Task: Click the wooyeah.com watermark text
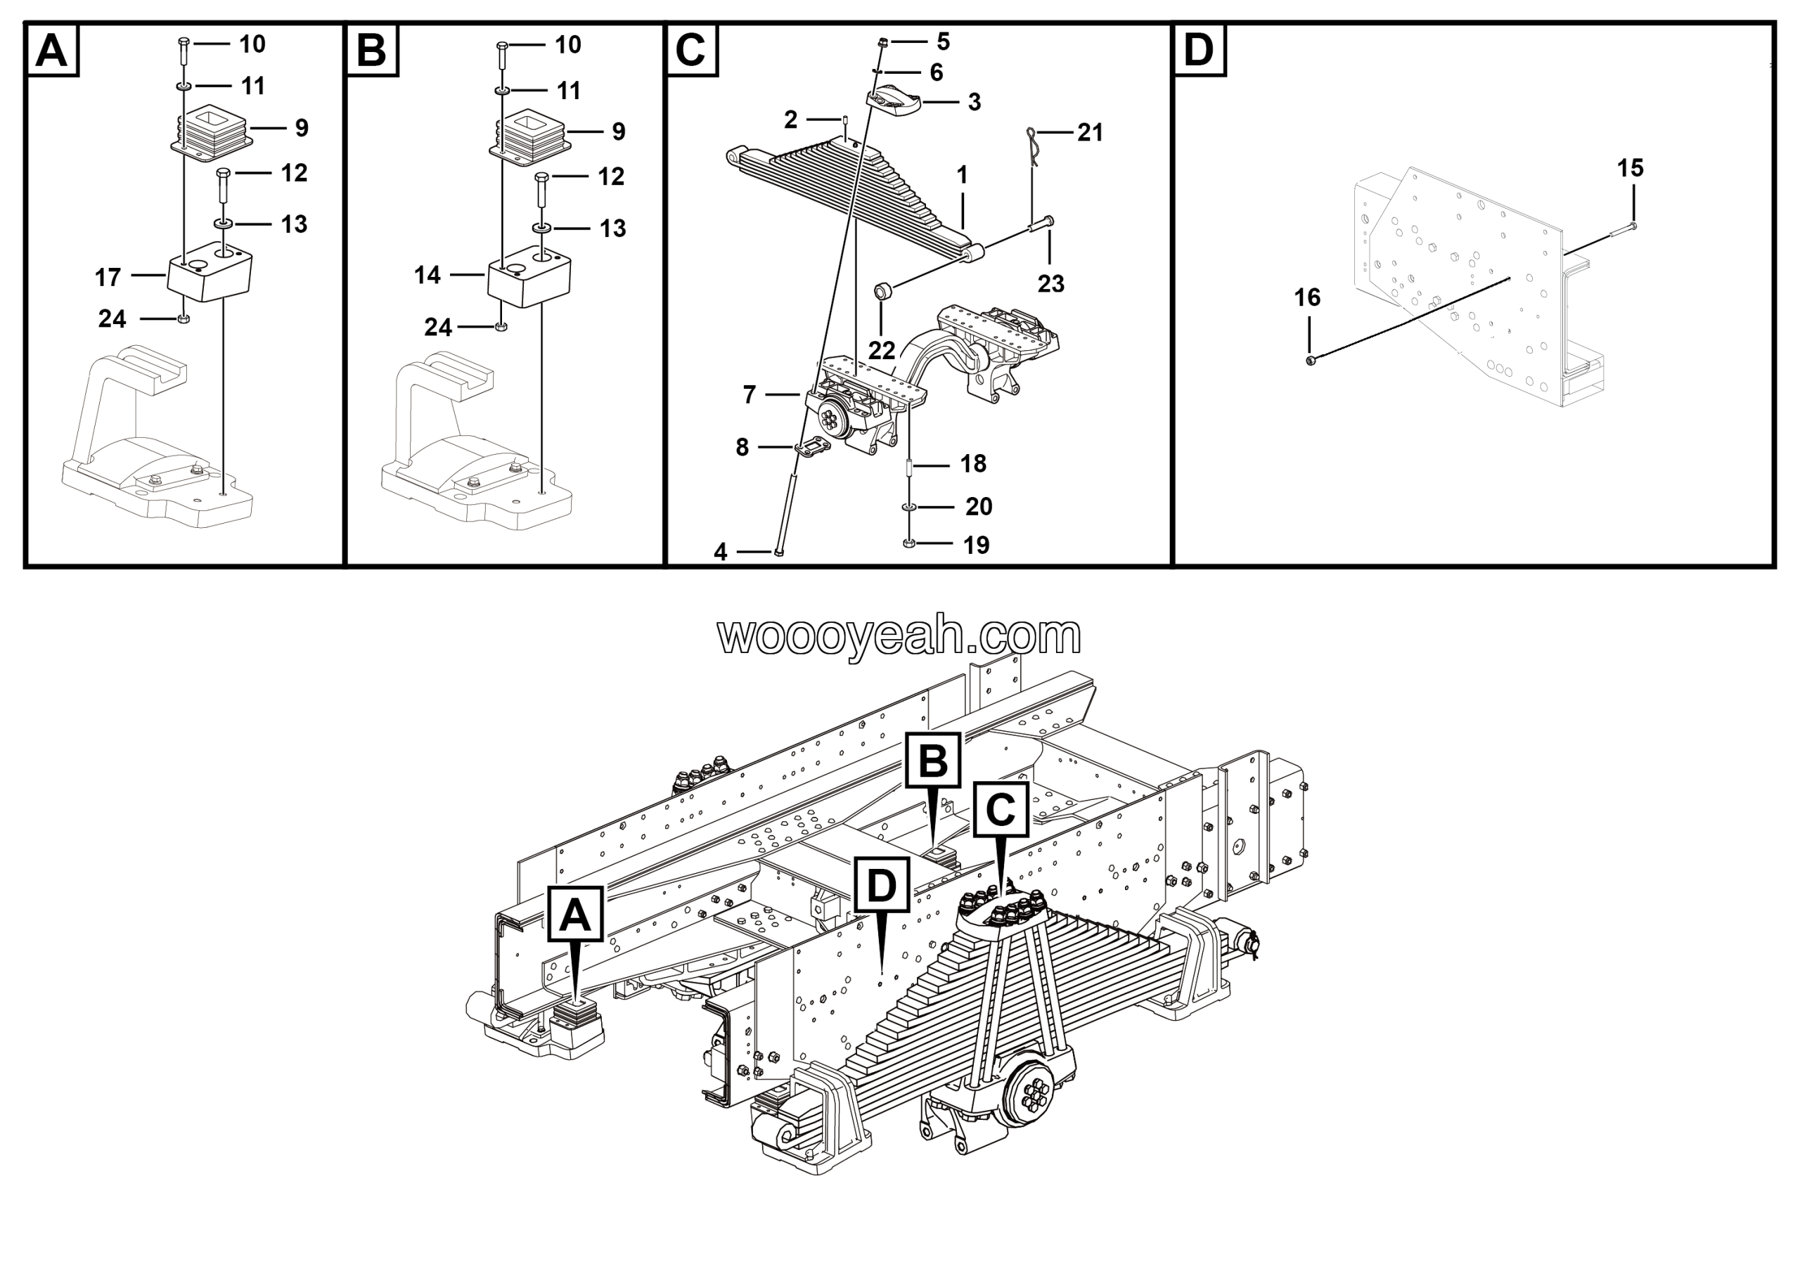pos(899,635)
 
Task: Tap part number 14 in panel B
pos(427,275)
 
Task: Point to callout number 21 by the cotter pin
pos(1090,132)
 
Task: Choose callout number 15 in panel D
pos(1630,168)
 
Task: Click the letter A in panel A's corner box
pos(53,51)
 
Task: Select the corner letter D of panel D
pos(1199,51)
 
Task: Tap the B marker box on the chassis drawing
pos(933,760)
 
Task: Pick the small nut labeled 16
pos(1311,360)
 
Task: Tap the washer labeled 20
pos(908,508)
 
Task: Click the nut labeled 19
pos(908,543)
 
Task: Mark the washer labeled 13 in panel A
pos(224,225)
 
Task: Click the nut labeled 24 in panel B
pos(502,327)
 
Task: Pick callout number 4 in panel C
pos(721,553)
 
